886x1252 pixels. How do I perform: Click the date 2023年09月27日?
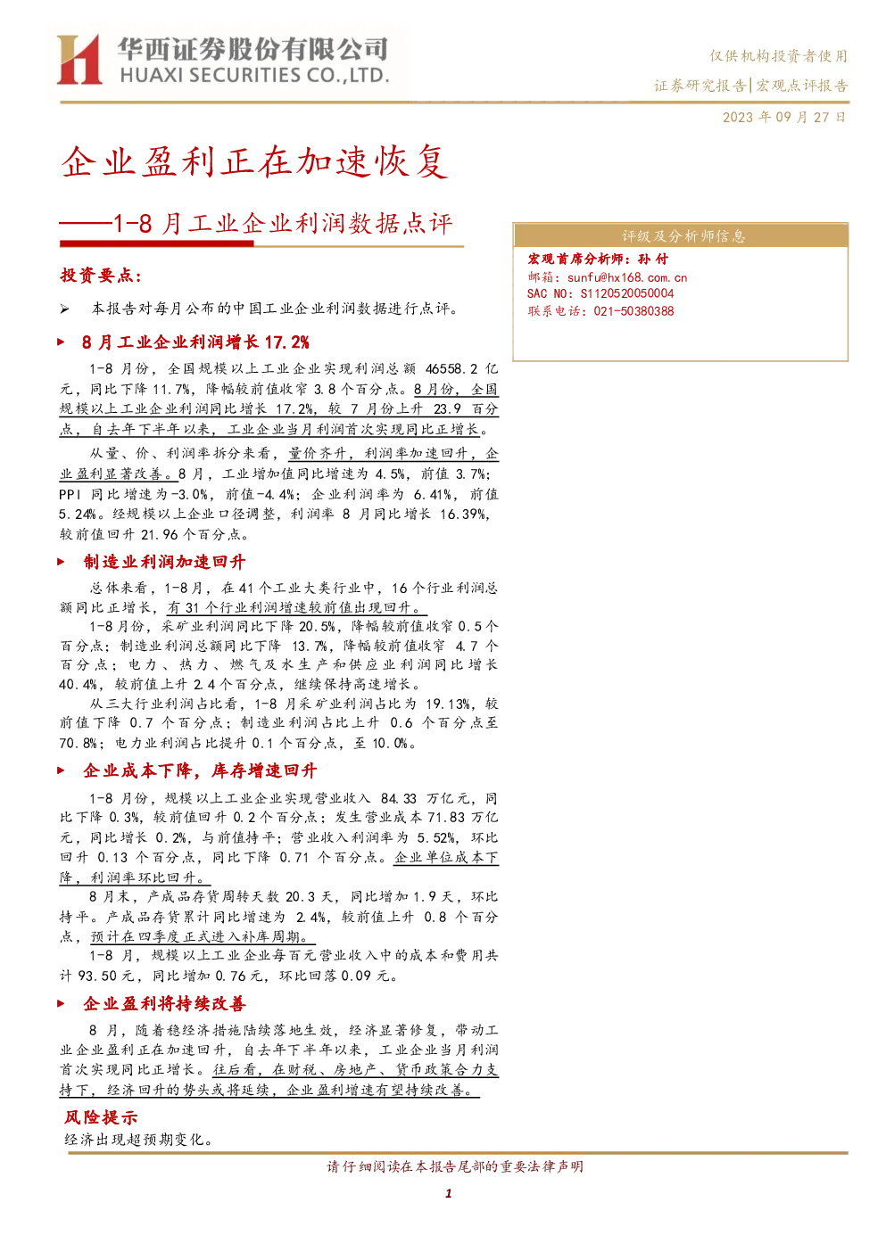point(783,117)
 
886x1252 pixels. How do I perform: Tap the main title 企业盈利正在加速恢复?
point(254,162)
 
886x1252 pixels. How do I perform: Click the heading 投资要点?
point(101,275)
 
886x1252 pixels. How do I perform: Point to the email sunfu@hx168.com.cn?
point(627,278)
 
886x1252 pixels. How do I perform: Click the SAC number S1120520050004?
point(627,294)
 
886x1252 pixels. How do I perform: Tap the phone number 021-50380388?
point(633,311)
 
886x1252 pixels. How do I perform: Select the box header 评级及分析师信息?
point(683,236)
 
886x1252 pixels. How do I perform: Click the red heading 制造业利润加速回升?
point(164,562)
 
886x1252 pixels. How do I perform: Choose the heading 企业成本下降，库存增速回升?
point(200,770)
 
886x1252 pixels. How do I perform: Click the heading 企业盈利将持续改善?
point(164,1004)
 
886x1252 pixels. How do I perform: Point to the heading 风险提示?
point(101,1117)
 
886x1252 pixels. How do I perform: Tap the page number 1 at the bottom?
point(448,1193)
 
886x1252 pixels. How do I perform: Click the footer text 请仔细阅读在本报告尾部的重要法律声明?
point(455,1166)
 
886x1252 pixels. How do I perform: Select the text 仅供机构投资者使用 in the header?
point(779,56)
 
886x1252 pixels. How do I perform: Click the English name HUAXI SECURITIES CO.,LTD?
point(254,75)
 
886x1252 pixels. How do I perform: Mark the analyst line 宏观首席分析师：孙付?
point(598,259)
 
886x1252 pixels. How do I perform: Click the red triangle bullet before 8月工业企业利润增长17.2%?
point(62,342)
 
